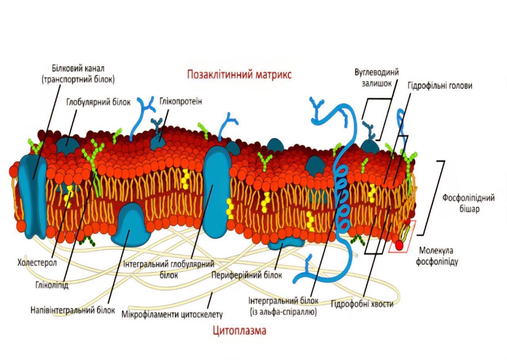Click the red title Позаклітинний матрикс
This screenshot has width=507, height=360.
[x=239, y=75]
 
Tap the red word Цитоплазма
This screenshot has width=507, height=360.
[x=239, y=330]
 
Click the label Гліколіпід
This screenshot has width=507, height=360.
[x=51, y=285]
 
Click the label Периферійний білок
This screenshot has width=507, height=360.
[x=247, y=275]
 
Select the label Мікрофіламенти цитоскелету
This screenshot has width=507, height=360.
[x=172, y=315]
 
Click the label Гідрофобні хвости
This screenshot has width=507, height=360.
[x=362, y=304]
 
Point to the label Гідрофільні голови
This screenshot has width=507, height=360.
[x=440, y=85]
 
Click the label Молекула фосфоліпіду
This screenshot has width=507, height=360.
[x=437, y=256]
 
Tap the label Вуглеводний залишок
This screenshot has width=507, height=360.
[x=376, y=78]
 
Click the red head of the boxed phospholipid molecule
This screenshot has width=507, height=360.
[x=399, y=245]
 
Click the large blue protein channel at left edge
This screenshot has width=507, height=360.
[x=32, y=194]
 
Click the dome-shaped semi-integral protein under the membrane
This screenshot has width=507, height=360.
[x=131, y=226]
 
